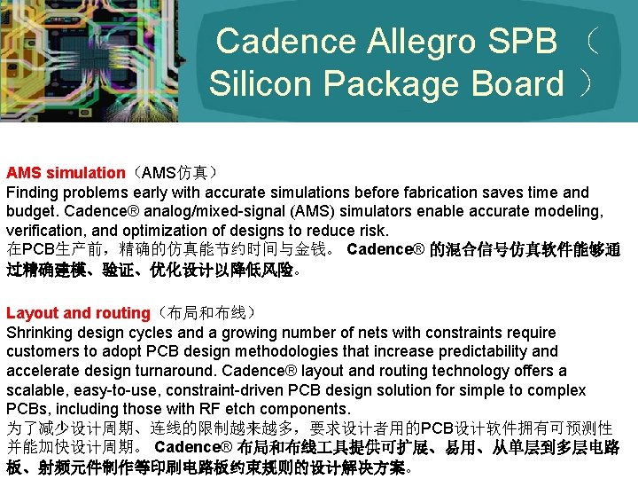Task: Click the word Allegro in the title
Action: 424,41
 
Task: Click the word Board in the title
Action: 517,83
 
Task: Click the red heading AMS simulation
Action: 66,173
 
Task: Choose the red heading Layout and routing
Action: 78,313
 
